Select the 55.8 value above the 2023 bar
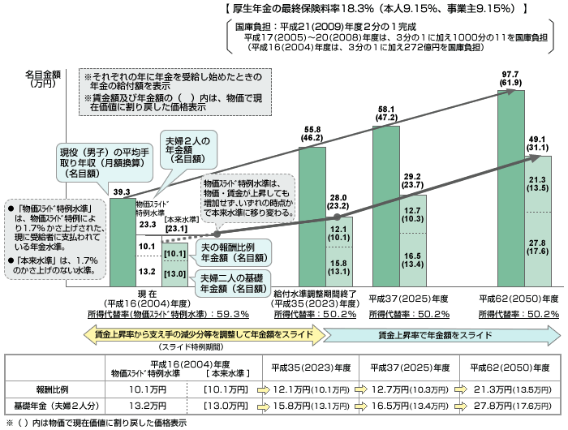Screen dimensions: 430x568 click(312, 129)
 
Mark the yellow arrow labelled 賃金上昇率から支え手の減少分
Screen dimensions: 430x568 click(203, 333)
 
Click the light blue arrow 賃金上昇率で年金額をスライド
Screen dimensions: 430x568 click(441, 333)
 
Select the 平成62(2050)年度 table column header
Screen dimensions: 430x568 click(508, 366)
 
